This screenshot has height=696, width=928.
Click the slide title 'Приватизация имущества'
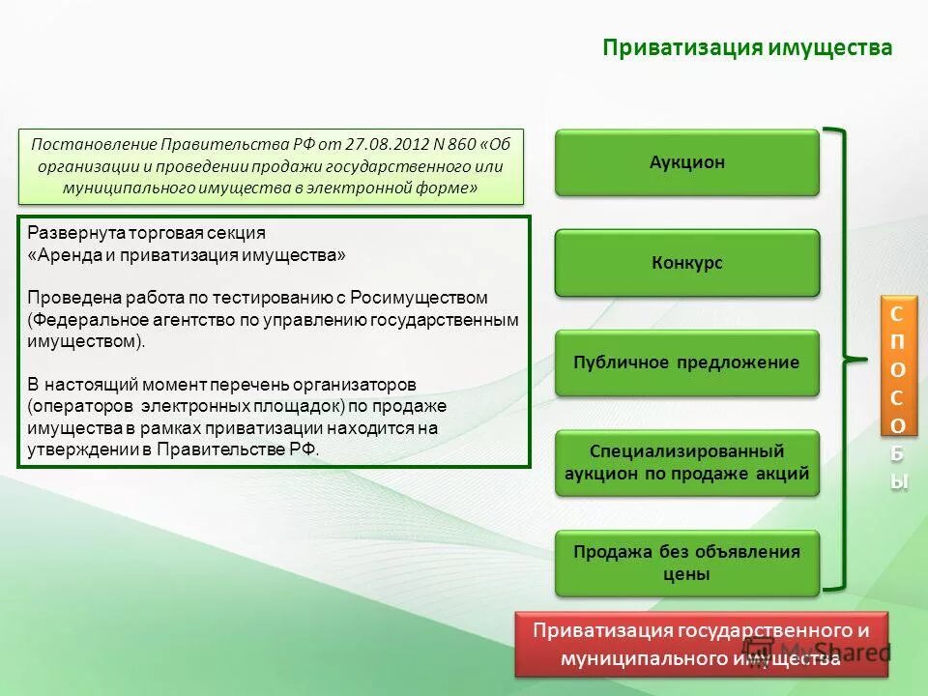pos(747,48)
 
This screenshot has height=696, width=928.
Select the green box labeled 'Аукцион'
pos(686,162)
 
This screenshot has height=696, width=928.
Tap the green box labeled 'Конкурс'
pos(686,263)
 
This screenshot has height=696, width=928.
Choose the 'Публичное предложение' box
pos(686,363)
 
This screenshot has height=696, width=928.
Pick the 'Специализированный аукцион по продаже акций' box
pos(686,463)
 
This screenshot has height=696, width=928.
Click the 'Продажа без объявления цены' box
pos(686,563)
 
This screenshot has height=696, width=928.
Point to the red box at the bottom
pos(702,644)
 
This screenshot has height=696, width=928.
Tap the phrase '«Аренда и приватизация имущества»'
pos(186,255)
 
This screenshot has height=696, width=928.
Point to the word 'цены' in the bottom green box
pos(686,574)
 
